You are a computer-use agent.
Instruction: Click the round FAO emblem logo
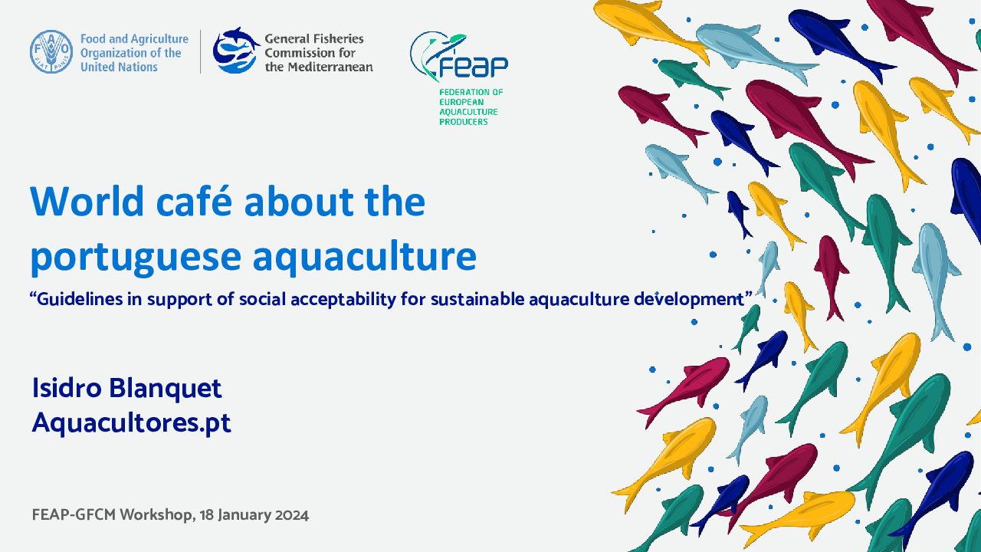pos(51,51)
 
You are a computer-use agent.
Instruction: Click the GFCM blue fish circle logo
pos(235,51)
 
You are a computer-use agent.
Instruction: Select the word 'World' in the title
pos(87,201)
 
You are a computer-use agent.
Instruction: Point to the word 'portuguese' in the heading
pos(136,257)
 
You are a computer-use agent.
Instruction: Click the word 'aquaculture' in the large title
pos(365,257)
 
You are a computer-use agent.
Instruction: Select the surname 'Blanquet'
pos(165,388)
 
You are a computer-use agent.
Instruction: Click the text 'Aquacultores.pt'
pos(131,422)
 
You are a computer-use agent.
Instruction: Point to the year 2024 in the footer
pos(292,514)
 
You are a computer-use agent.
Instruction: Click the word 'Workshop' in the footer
pos(156,515)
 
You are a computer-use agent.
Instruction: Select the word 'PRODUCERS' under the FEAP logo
pos(464,122)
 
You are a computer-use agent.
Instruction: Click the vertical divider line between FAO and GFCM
pos(201,51)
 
